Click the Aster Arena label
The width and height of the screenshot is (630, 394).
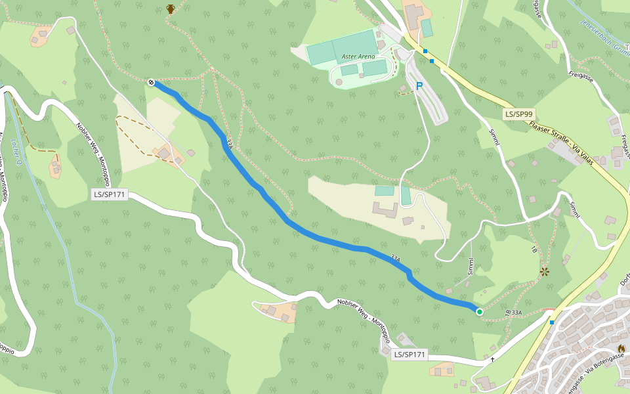click(358, 57)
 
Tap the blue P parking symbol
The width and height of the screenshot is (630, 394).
click(419, 86)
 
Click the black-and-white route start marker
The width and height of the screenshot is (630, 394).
click(151, 82)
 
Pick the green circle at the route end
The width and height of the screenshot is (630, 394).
click(480, 312)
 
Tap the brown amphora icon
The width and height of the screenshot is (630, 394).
click(171, 9)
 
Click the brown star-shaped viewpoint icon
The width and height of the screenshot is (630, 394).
click(544, 271)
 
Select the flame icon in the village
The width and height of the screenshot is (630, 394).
click(621, 348)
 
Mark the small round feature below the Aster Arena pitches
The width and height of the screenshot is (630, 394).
click(339, 82)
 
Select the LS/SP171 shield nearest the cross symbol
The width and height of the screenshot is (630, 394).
click(409, 355)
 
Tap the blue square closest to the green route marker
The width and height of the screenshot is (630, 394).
click(552, 322)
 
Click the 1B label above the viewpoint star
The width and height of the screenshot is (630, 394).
click(534, 250)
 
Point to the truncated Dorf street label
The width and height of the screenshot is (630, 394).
click(623, 279)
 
